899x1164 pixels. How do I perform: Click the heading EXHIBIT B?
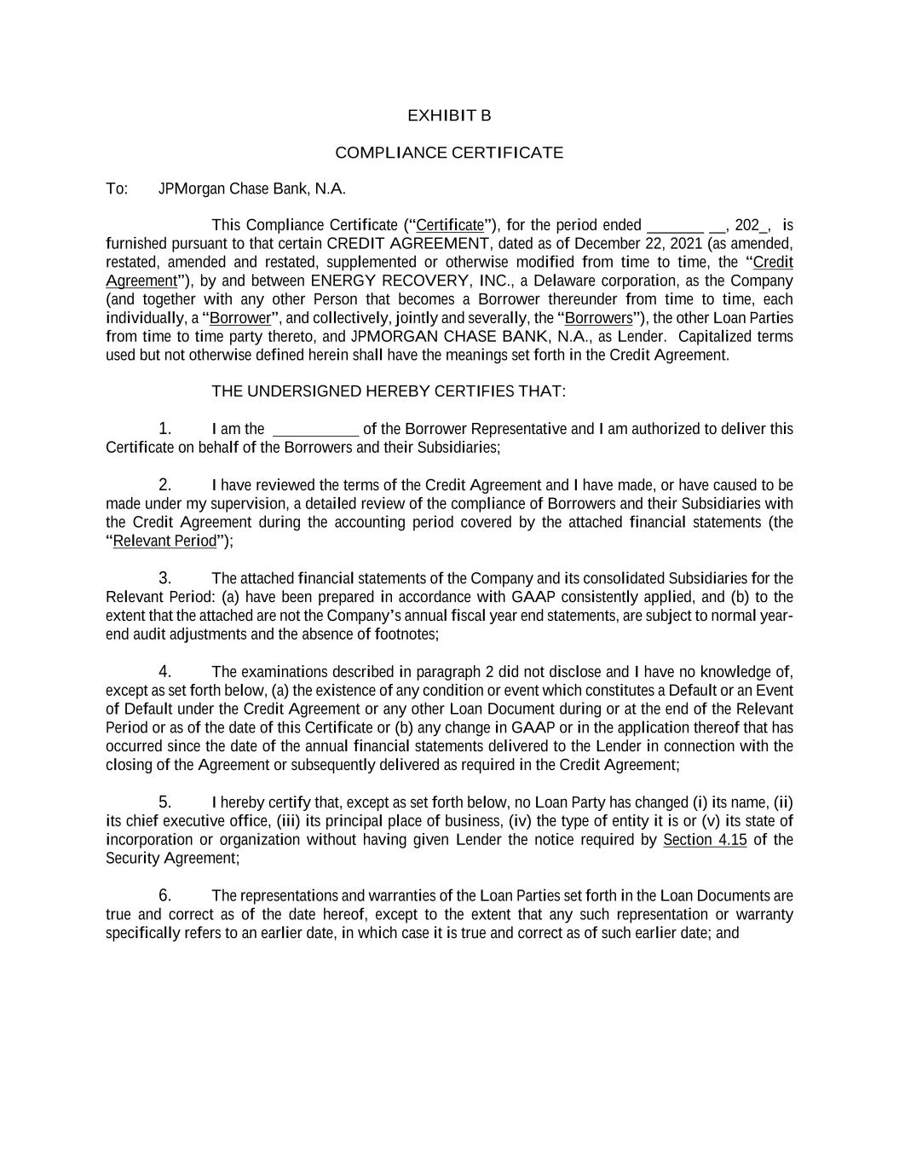449,115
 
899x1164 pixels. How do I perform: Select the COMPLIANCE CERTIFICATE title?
449,153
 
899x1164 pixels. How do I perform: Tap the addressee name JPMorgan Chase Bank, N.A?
252,188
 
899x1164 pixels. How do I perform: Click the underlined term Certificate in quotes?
450,225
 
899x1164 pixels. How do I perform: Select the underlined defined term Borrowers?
599,318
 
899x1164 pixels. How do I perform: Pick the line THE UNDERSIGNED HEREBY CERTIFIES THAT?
389,391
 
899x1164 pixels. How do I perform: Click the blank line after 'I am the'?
315,429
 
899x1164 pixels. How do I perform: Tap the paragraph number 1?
165,428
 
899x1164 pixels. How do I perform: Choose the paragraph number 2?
165,484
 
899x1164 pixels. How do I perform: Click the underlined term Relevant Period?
165,541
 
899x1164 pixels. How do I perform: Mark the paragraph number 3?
165,578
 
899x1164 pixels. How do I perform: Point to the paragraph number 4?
165,672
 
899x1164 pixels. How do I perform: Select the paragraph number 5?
165,802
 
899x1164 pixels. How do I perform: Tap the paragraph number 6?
165,895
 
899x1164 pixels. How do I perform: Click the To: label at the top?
117,188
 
